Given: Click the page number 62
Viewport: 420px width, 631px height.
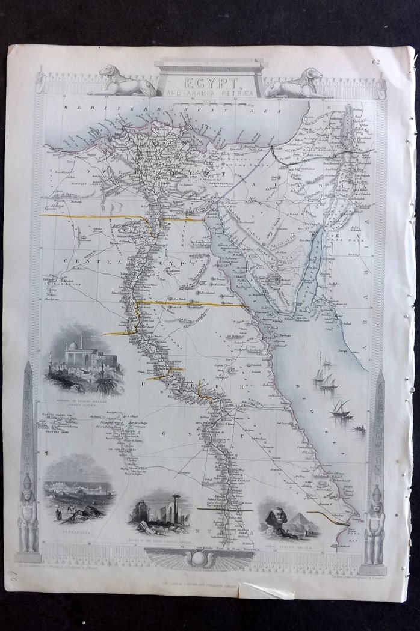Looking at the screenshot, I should [394, 61].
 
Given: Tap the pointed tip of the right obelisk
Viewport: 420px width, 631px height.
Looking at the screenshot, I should [380, 373].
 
